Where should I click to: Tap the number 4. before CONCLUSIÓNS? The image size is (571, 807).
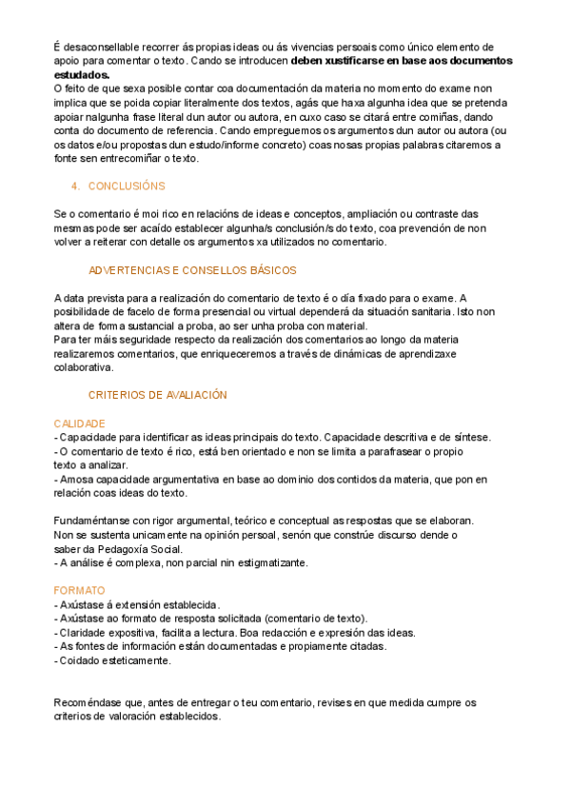(76, 186)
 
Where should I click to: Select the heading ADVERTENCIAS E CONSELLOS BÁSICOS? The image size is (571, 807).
(191, 270)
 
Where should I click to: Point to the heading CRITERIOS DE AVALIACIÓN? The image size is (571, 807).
(157, 394)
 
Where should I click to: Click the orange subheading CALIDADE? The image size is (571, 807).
(79, 423)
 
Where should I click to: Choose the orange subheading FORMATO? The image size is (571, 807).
(78, 590)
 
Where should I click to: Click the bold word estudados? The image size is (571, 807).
(81, 74)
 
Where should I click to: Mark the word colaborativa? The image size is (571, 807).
(83, 366)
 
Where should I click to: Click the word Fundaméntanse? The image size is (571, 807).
(96, 521)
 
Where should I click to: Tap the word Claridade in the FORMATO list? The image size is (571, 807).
(85, 632)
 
